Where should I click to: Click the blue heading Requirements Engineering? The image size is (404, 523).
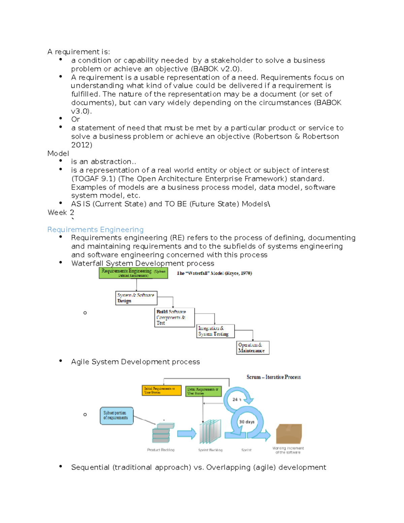95,229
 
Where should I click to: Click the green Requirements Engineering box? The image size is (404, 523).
133,273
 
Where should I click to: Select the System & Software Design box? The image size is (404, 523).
136,298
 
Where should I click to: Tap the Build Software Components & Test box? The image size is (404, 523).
174,317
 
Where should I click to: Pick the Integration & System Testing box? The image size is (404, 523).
215,331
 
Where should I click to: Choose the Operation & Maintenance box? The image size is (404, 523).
252,348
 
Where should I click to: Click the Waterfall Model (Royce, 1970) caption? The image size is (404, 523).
214,273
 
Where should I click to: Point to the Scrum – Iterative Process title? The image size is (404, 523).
273,377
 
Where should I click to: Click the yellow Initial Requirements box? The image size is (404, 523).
161,390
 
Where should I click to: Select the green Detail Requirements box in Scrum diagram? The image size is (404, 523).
203,391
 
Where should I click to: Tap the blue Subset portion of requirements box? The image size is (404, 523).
116,416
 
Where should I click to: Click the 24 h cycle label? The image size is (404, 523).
237,399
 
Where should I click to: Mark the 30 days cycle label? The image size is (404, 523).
246,422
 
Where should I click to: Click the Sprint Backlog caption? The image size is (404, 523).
210,450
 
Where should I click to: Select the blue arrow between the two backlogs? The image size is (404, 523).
187,433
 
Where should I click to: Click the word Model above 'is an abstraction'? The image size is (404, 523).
58,154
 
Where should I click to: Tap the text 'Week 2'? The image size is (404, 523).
61,213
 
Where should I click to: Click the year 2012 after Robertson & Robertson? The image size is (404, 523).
81,145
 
